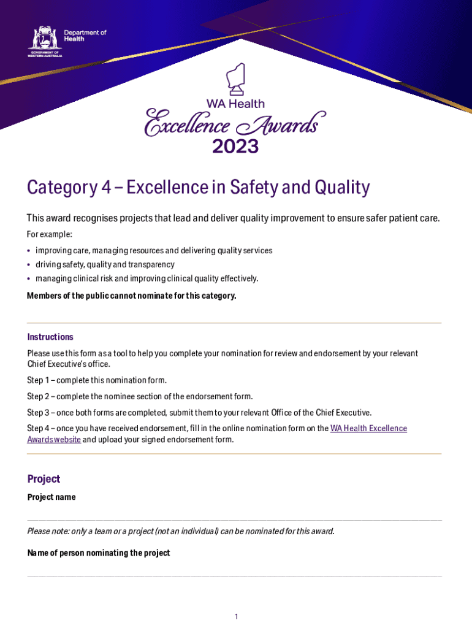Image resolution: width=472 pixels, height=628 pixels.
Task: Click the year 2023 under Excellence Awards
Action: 235,147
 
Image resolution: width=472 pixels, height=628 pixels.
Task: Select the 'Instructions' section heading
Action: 50,337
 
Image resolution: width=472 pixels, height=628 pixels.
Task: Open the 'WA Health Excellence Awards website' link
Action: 368,428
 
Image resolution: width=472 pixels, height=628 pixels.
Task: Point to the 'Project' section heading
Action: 44,479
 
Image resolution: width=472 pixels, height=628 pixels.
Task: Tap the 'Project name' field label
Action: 51,497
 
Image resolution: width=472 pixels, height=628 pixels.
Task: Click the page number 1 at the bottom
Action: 236,616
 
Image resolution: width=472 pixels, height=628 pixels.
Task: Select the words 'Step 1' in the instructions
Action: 38,380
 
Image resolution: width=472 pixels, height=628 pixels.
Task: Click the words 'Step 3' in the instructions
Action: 38,412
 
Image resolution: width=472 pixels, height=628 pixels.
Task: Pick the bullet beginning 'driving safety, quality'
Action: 105,264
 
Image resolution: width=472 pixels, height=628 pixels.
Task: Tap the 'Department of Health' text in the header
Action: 85,36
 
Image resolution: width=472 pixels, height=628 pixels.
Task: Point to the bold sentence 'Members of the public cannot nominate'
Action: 131,296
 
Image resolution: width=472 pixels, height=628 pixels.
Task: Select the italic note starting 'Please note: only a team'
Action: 181,531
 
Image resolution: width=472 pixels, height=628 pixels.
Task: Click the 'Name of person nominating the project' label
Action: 99,553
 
